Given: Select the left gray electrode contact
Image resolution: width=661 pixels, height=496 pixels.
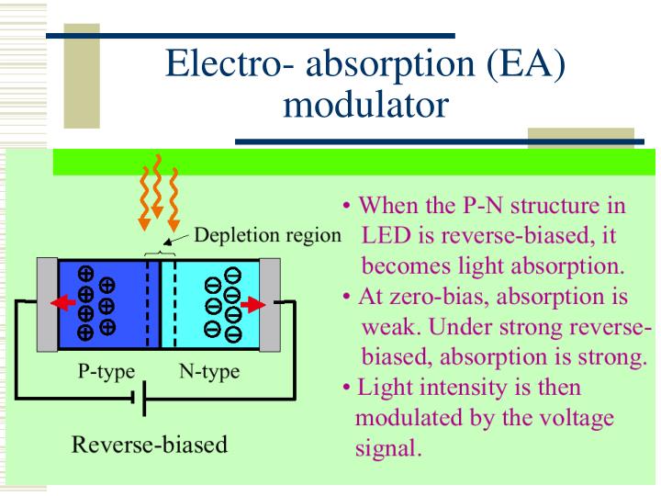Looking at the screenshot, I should coord(47,303).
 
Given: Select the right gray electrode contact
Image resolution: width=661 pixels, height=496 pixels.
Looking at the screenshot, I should coord(269,303).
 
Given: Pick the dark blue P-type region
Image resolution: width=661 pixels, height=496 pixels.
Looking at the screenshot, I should coord(101,303).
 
